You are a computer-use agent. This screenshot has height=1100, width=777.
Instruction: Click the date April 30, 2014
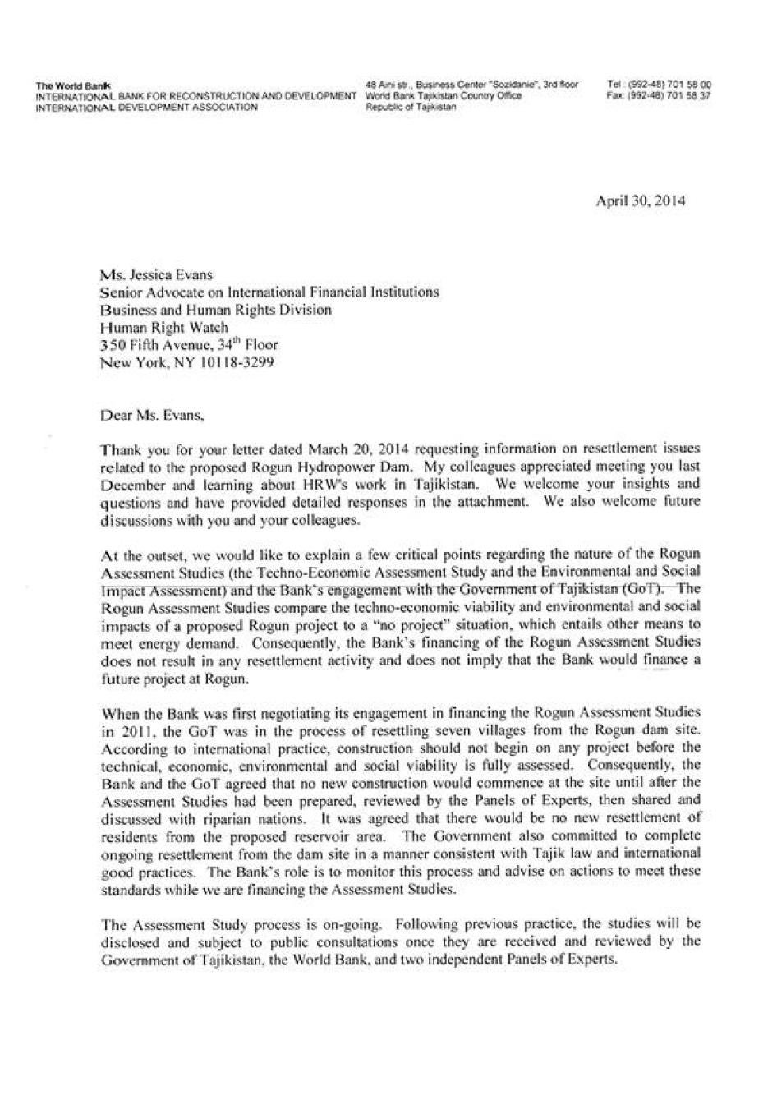[641, 200]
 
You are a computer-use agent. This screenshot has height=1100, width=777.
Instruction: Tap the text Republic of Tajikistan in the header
[409, 107]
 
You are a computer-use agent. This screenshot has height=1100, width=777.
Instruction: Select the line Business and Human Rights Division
[215, 310]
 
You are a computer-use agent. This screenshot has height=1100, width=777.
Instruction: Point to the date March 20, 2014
[343, 450]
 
